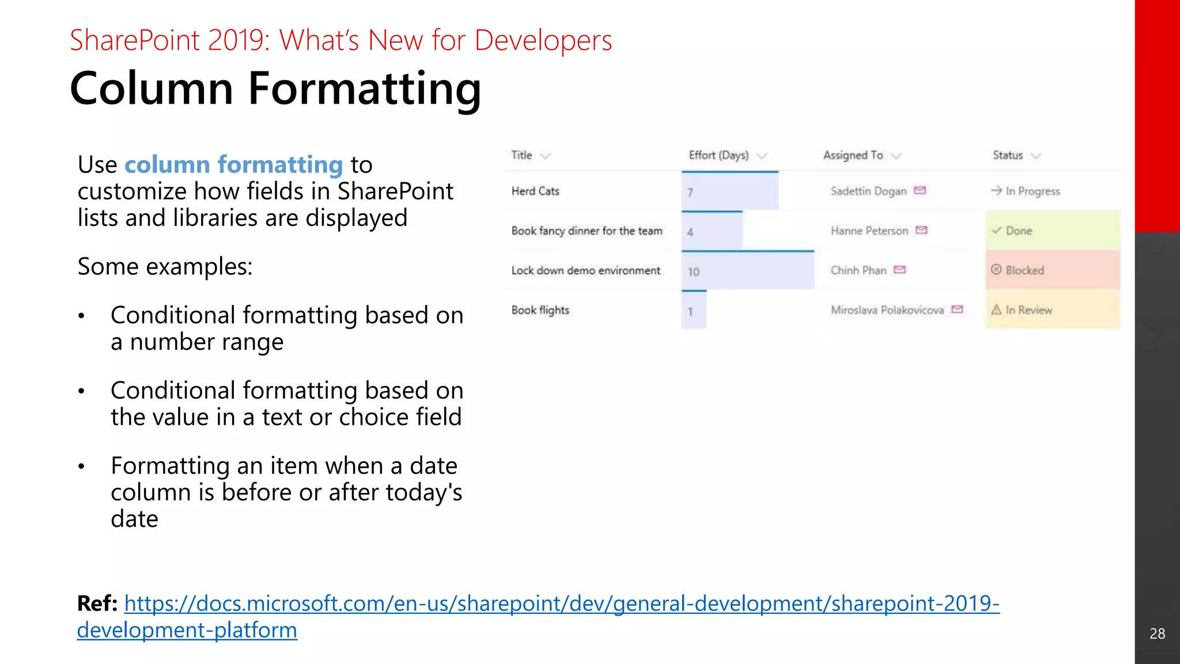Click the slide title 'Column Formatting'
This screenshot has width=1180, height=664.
275,88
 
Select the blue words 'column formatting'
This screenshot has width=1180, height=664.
233,165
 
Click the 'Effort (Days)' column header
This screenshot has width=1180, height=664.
718,155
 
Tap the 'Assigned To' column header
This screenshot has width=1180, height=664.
853,155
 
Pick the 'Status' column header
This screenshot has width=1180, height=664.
1008,155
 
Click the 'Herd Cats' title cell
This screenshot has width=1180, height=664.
535,191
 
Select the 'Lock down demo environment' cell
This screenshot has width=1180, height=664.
585,270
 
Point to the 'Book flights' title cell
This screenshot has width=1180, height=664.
540,310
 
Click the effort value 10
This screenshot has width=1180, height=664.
693,271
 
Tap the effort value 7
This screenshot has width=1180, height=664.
690,193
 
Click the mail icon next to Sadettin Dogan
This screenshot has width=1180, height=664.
920,191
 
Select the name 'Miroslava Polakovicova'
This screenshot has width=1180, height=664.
887,310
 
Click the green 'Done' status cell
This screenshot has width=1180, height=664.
1052,231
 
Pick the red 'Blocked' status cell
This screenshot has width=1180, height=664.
1052,270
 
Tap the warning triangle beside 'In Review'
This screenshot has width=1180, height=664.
996,310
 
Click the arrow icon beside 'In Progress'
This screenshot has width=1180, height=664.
996,191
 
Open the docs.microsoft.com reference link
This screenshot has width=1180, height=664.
561,603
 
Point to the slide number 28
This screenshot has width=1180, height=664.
1157,633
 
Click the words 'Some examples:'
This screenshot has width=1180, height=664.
165,267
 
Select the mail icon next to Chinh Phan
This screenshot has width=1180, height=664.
900,270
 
